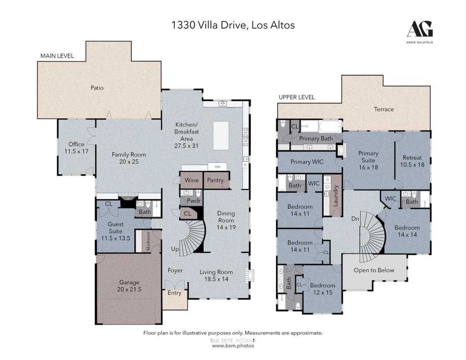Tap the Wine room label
tap(192, 180)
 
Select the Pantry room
tap(215, 180)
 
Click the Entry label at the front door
tap(174, 293)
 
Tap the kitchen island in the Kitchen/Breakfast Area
tap(221, 135)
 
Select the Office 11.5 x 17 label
tap(76, 148)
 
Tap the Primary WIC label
tap(307, 162)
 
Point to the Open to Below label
tap(374, 270)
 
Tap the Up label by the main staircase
tap(175, 249)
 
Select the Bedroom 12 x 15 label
tap(322, 289)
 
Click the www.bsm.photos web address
tap(233, 346)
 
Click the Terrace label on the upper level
tap(384, 109)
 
